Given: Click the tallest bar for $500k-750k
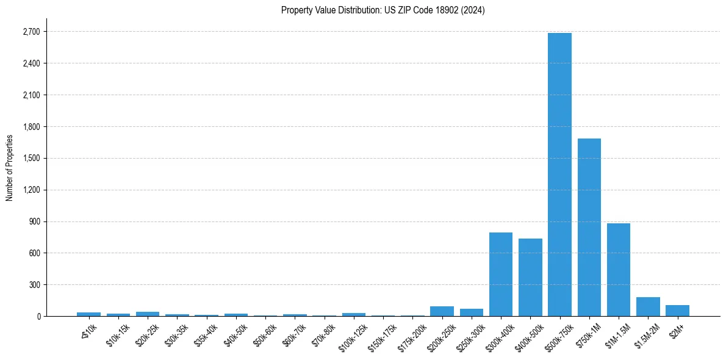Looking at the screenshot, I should [559, 175].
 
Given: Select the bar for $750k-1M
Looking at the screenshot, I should [589, 227].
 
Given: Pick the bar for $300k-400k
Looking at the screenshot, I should [501, 275].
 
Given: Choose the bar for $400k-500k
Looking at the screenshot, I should [530, 278].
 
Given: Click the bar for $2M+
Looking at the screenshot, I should [677, 311].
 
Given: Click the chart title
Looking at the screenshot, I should [383, 10].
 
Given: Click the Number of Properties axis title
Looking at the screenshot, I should [9, 168].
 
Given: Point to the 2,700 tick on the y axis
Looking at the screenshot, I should [31, 32].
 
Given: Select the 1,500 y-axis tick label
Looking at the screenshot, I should [31, 158].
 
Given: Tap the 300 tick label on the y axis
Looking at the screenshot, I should [35, 285].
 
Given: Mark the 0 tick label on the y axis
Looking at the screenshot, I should [38, 316].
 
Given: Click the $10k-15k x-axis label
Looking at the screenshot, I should [118, 333].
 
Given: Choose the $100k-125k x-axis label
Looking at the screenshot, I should [351, 334].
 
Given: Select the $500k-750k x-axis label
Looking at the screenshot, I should [558, 334].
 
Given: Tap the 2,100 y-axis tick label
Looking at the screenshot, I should [31, 95].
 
